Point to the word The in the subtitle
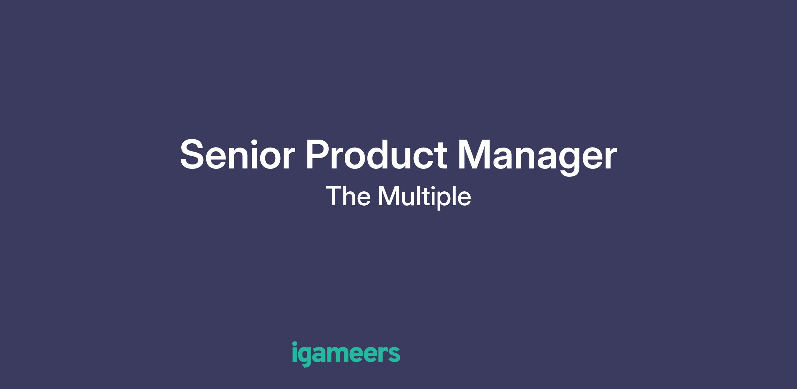[348, 196]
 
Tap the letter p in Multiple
[441, 201]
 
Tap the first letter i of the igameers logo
[295, 352]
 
